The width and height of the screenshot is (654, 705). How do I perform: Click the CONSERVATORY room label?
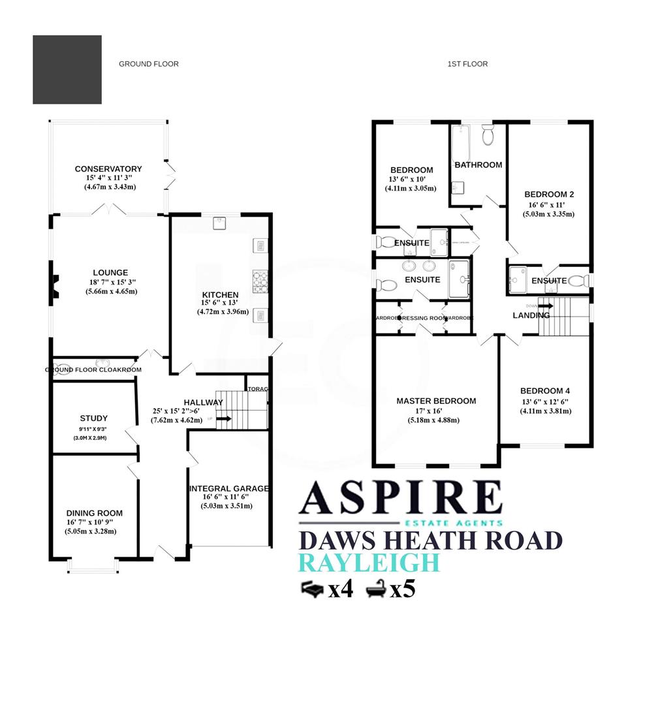click(108, 169)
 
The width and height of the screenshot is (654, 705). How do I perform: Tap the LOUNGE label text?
click(110, 273)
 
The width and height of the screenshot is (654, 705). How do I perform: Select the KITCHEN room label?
click(220, 294)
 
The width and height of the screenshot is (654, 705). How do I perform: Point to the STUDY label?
click(94, 418)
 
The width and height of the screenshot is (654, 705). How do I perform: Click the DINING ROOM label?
click(94, 513)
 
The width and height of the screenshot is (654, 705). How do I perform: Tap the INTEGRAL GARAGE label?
click(228, 488)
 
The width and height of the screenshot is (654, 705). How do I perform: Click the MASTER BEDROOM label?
click(436, 401)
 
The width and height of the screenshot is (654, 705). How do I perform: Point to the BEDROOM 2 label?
click(549, 195)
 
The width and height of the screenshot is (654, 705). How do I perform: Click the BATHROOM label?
click(478, 165)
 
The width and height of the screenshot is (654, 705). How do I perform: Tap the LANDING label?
click(531, 315)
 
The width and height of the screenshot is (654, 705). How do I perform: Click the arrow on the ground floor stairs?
click(223, 418)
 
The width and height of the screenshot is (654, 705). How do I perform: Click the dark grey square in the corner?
click(67, 70)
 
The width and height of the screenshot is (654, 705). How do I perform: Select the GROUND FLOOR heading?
click(148, 64)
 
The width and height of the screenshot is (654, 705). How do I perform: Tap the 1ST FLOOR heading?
click(467, 64)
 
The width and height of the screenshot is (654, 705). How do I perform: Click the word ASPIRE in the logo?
click(400, 498)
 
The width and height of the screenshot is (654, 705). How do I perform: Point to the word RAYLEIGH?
click(369, 563)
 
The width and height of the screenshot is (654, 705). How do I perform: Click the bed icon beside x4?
click(312, 589)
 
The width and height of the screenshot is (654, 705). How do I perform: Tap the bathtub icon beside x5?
click(376, 589)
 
